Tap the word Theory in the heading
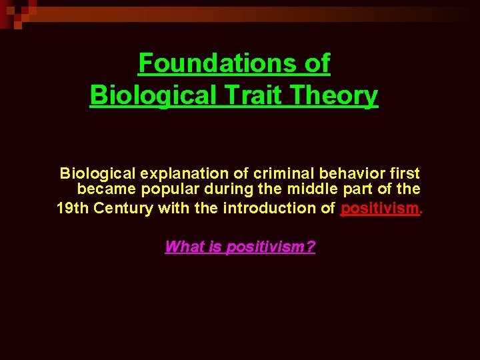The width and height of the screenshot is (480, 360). (340, 95)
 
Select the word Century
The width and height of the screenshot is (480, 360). (123, 208)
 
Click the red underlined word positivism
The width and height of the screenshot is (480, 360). (379, 209)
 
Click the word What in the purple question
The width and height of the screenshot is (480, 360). (181, 247)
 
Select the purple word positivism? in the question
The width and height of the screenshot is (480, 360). (271, 247)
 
